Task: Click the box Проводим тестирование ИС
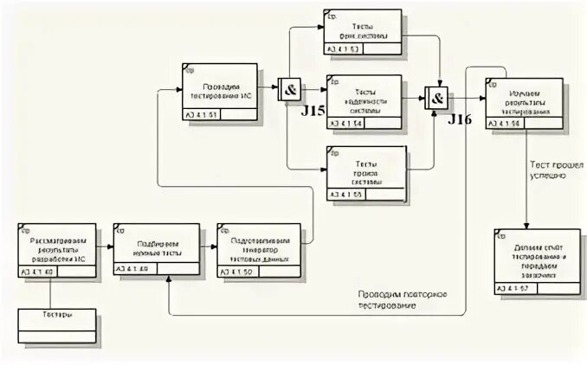[220, 91]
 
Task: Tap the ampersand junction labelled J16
[437, 98]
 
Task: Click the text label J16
[460, 120]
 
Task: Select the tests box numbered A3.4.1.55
[364, 173]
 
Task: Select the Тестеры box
[56, 325]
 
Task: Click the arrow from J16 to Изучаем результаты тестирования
[468, 98]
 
